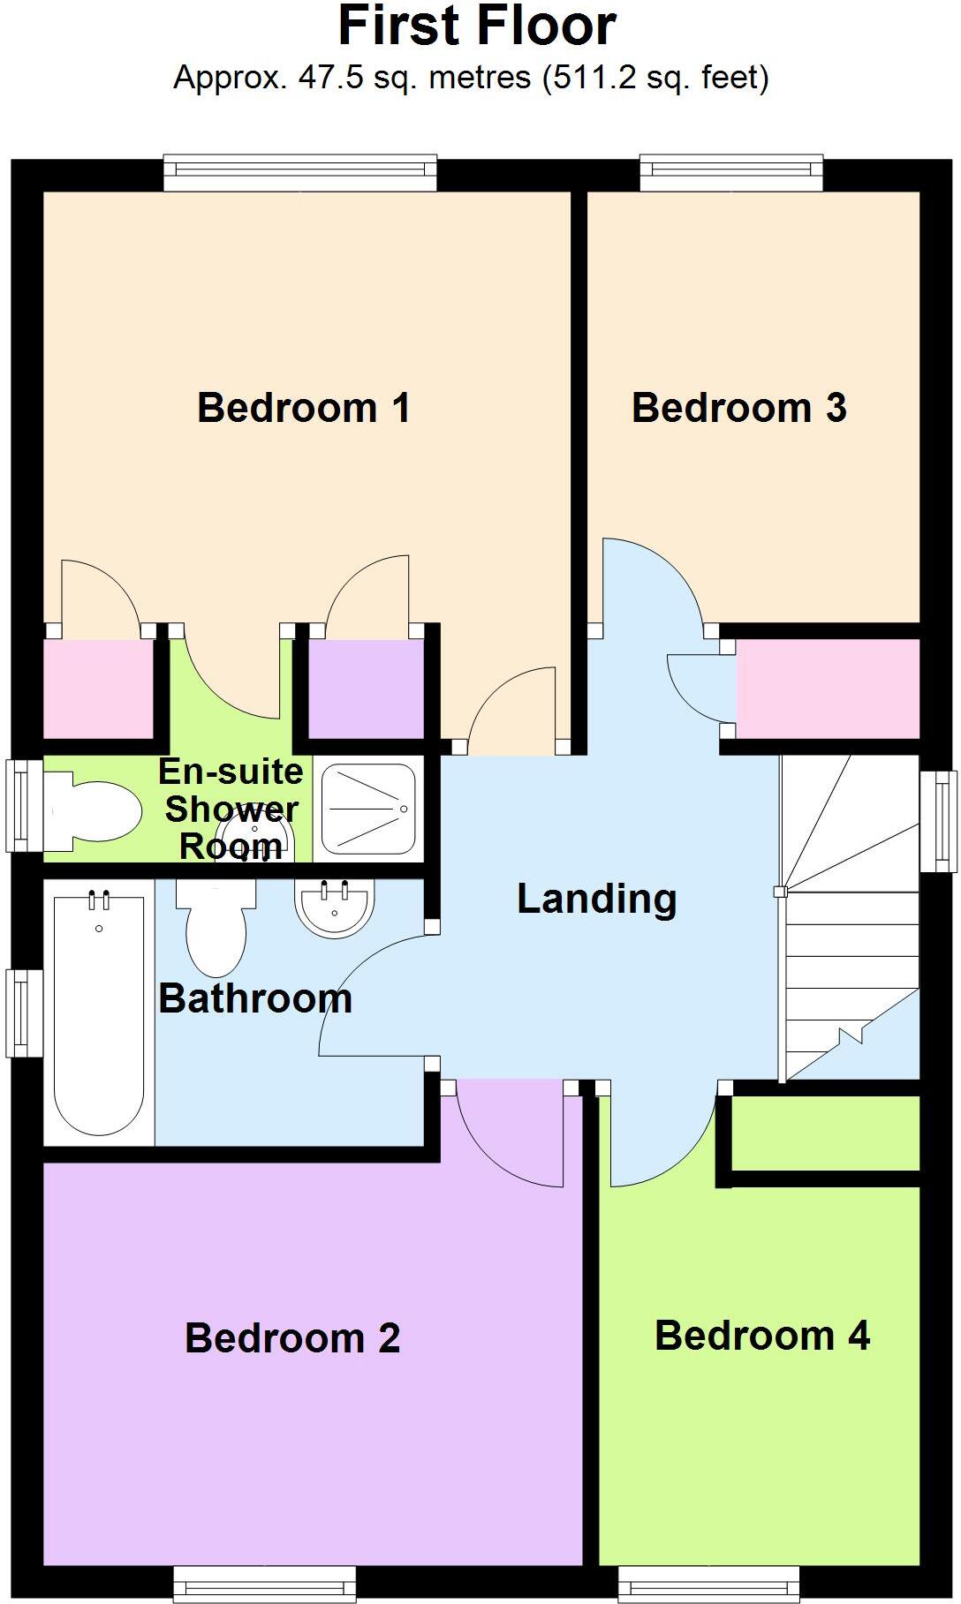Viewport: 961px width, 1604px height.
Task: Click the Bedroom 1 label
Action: (303, 408)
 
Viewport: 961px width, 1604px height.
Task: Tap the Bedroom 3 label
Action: (738, 408)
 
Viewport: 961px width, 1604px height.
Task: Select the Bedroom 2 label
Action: (292, 1338)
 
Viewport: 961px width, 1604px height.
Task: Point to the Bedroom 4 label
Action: (762, 1336)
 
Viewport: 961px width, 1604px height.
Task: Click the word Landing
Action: (596, 899)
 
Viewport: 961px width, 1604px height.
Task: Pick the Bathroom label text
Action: (255, 999)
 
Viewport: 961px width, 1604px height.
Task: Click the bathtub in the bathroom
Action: (98, 1015)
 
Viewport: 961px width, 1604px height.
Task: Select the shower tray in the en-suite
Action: (367, 810)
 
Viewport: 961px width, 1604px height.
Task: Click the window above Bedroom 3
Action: (730, 173)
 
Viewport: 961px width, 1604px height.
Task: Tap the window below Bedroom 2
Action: (264, 1584)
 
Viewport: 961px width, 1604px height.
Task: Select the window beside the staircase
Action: (938, 821)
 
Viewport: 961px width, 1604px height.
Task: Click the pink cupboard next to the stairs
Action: (828, 689)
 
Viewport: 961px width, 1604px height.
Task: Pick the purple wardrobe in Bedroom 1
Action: (366, 689)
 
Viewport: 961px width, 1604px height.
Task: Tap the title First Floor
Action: (477, 26)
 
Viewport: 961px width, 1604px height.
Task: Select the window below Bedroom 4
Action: (708, 1584)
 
